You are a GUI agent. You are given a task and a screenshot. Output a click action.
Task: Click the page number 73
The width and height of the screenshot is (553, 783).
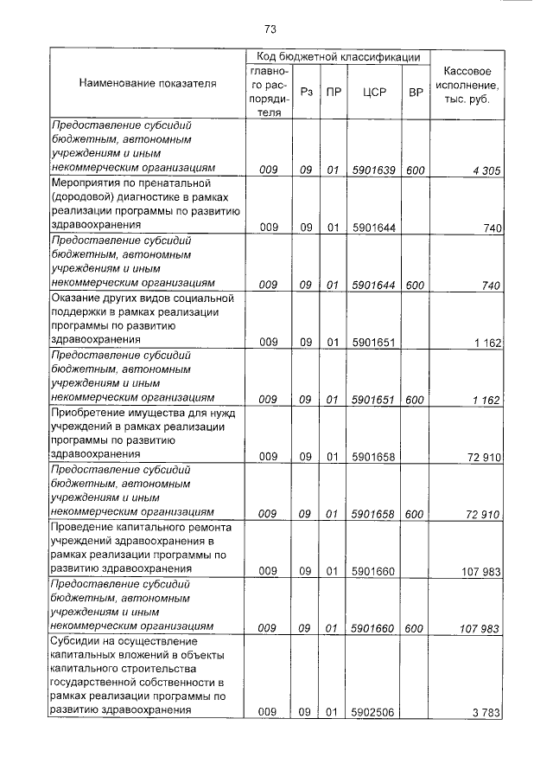click(x=270, y=29)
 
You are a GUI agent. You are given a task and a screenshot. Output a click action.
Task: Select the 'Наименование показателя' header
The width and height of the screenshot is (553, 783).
click(x=148, y=84)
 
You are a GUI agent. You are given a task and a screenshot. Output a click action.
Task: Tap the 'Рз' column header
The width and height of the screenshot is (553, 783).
click(x=306, y=91)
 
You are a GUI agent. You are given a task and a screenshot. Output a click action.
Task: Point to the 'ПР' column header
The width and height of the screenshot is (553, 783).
click(x=333, y=91)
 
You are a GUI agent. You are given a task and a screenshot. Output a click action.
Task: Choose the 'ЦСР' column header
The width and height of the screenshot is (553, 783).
click(x=375, y=91)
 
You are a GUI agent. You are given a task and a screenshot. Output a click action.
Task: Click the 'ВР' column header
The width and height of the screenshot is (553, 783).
click(x=415, y=91)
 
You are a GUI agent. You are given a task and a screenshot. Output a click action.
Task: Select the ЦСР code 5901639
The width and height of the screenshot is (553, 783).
click(x=374, y=170)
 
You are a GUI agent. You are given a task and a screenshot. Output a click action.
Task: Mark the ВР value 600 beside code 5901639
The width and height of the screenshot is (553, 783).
click(x=415, y=170)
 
